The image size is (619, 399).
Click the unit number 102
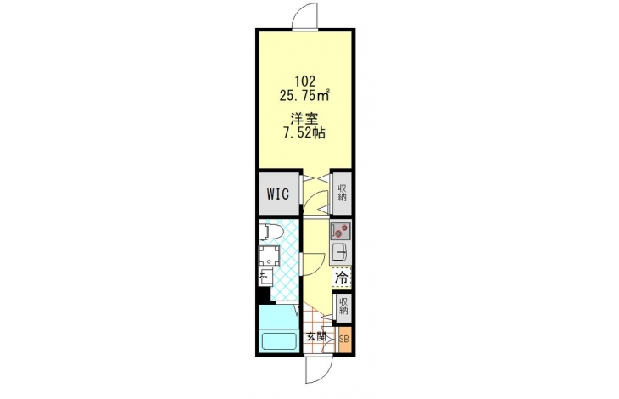click(305, 81)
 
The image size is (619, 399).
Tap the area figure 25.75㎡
click(304, 95)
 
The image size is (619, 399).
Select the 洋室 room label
click(304, 119)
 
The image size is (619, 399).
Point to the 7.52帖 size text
click(304, 133)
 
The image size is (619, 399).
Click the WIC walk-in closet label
click(278, 194)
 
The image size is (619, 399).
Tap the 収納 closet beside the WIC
click(342, 193)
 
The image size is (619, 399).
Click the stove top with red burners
click(340, 230)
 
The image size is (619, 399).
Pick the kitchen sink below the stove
click(339, 251)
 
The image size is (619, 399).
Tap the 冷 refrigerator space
click(341, 278)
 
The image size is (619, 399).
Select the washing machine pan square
click(269, 256)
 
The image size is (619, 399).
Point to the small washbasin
click(265, 277)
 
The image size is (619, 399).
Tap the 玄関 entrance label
click(316, 337)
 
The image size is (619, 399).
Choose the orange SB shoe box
click(344, 339)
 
